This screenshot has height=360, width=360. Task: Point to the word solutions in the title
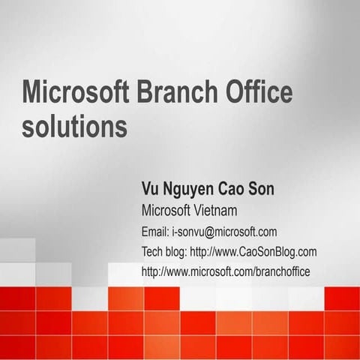coord(74,125)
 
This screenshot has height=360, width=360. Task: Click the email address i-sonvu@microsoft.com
coord(224,231)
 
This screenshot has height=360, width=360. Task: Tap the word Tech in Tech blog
coord(153,251)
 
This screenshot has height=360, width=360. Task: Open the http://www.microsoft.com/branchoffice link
coord(226,271)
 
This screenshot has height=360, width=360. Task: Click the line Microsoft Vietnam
coord(189,209)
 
